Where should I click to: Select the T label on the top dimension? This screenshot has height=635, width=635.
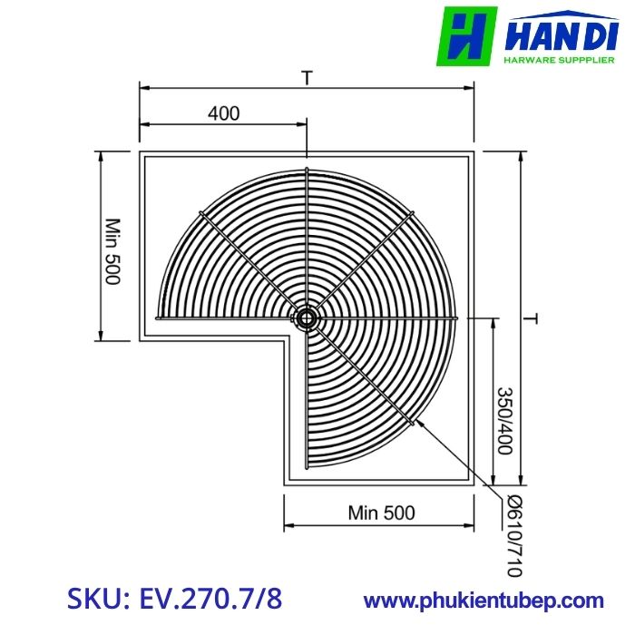click(x=308, y=79)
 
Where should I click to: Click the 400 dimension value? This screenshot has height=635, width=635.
click(x=223, y=113)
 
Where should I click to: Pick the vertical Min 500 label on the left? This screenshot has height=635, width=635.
click(x=112, y=251)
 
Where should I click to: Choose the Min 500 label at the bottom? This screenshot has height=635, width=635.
click(x=381, y=513)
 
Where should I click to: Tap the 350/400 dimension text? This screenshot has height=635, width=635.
click(x=506, y=420)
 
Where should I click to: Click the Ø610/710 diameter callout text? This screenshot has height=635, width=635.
click(x=514, y=536)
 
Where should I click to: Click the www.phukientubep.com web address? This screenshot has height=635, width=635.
click(x=484, y=600)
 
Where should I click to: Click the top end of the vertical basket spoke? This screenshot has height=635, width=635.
click(x=307, y=170)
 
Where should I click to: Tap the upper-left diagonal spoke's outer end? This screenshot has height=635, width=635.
click(x=201, y=212)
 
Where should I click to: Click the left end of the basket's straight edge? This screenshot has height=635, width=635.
click(x=159, y=318)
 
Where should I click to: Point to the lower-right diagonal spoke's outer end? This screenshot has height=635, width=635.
click(x=414, y=423)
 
